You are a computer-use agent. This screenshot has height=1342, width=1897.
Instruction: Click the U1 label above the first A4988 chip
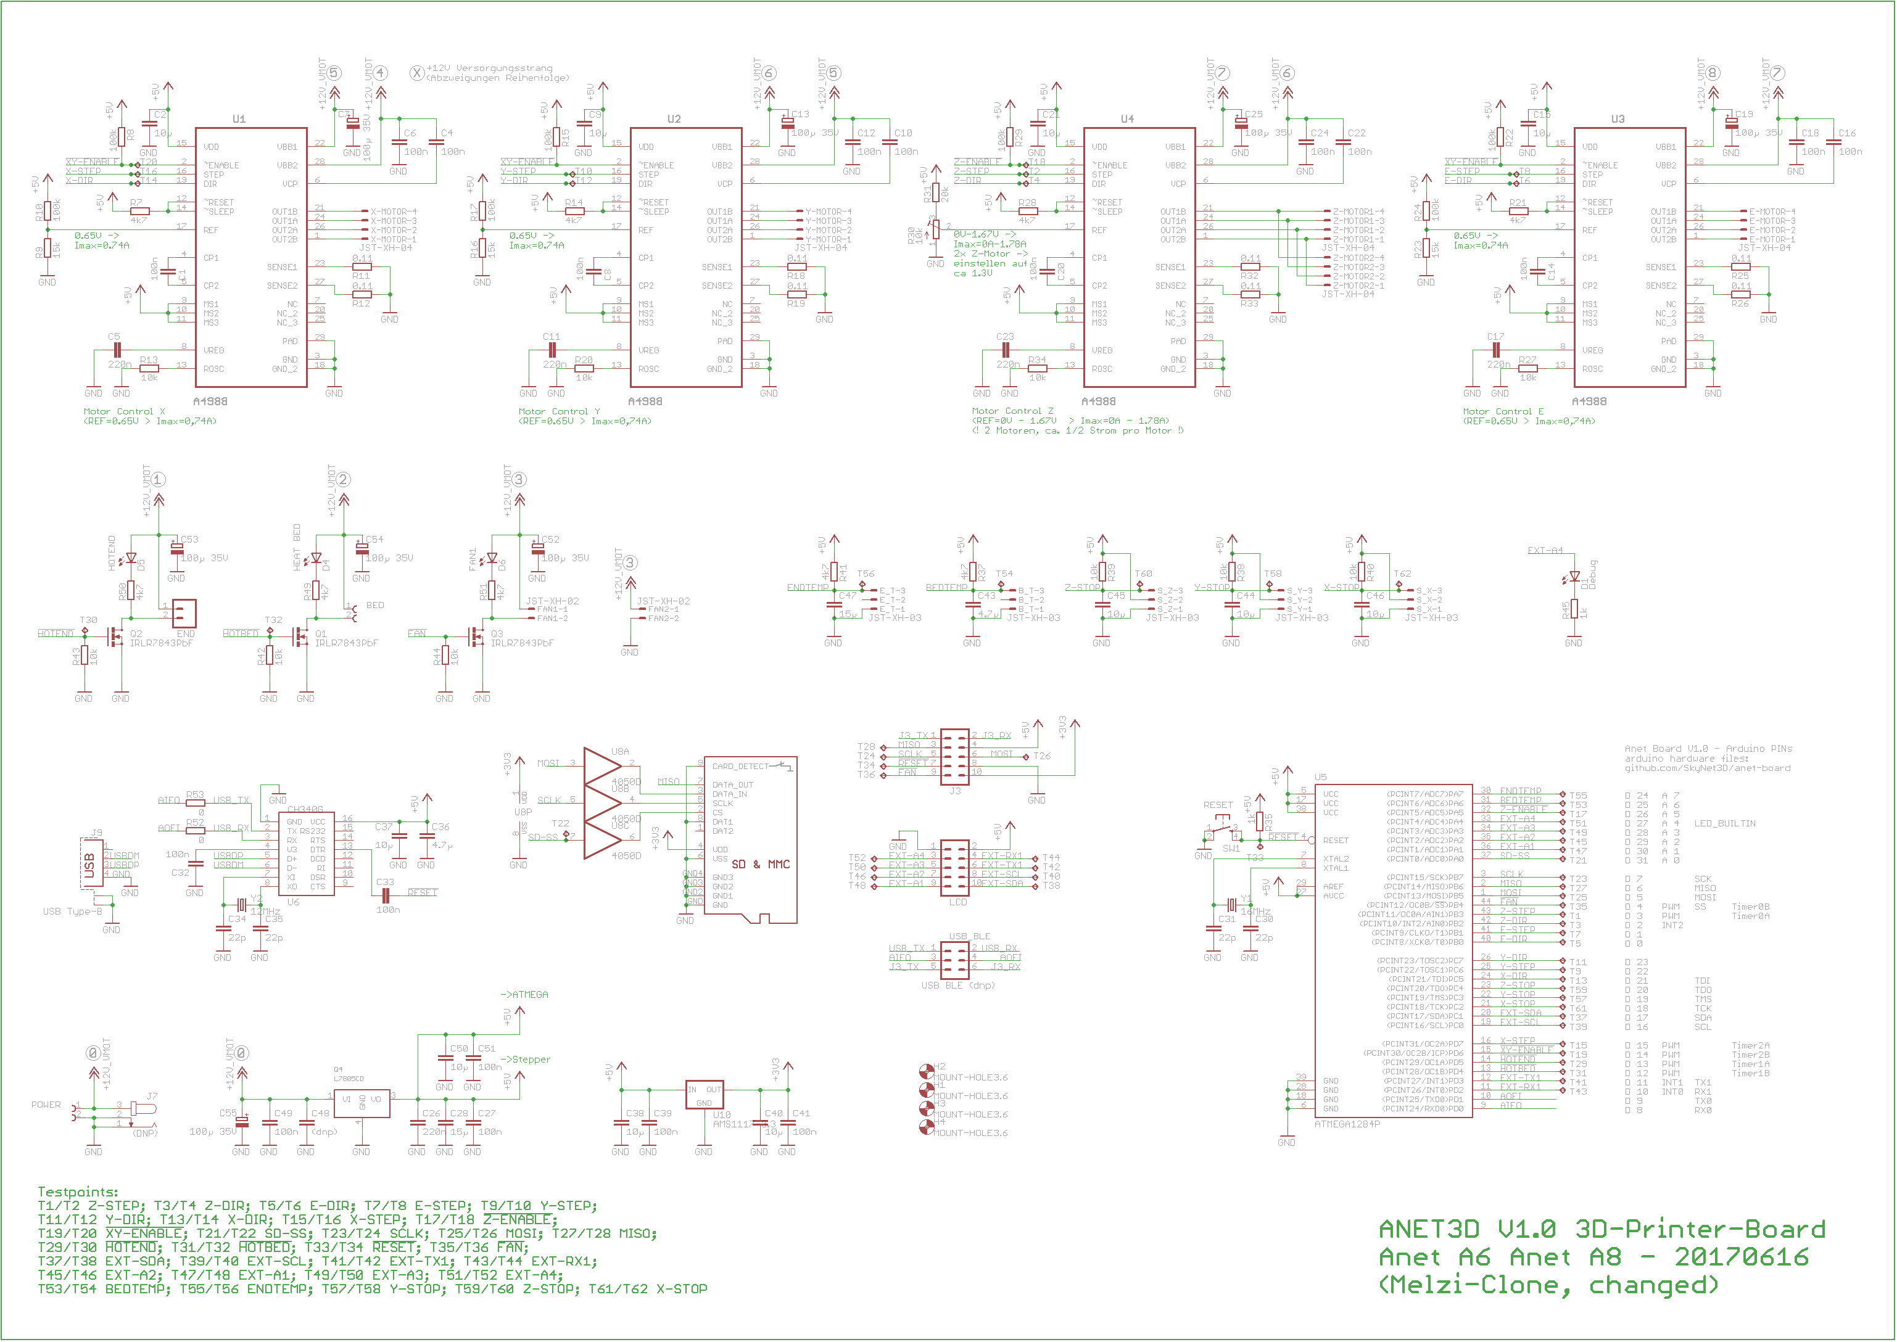239,119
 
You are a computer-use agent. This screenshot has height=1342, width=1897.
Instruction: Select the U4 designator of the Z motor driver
1128,119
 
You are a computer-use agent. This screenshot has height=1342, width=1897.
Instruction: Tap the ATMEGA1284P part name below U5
1347,1124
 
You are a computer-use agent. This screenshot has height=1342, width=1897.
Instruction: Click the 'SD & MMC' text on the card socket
761,865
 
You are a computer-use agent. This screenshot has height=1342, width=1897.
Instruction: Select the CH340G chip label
305,810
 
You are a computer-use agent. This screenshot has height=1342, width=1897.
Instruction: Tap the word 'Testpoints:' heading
78,1192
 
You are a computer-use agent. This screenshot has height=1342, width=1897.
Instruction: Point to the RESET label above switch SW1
1218,805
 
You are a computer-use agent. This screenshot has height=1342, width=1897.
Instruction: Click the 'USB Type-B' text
72,912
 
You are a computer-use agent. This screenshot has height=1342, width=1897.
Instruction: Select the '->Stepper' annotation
525,1060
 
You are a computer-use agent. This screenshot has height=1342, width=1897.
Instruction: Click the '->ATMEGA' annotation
524,995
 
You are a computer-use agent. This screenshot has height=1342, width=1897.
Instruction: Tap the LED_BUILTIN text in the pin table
1724,824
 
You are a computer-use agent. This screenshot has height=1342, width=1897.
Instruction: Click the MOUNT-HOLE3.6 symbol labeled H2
927,1072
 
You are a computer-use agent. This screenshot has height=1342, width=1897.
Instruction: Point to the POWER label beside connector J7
46,1105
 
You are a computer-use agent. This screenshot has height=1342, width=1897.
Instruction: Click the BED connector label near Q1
374,605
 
